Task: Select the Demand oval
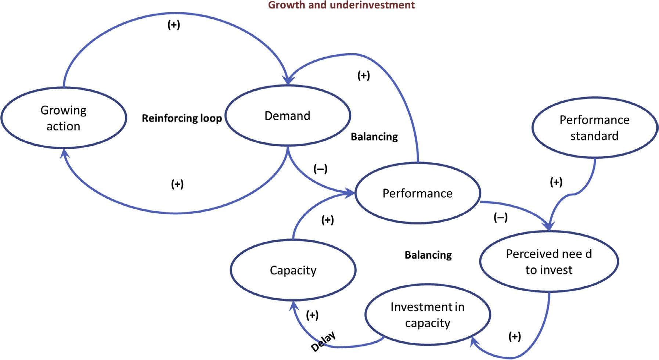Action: pyautogui.click(x=287, y=116)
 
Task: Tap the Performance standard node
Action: pyautogui.click(x=594, y=128)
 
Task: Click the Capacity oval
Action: pyautogui.click(x=293, y=270)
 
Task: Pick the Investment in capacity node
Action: pyautogui.click(x=427, y=315)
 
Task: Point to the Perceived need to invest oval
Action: pyautogui.click(x=549, y=262)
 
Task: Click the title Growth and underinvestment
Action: pyautogui.click(x=341, y=5)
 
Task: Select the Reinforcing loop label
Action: pyautogui.click(x=182, y=118)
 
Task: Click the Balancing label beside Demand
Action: pyautogui.click(x=374, y=137)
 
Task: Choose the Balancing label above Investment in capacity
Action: pyautogui.click(x=428, y=255)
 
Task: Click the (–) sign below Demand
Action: pyautogui.click(x=320, y=169)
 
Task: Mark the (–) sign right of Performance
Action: pyautogui.click(x=500, y=217)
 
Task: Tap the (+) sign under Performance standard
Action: pyautogui.click(x=556, y=182)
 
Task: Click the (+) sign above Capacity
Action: pyautogui.click(x=327, y=220)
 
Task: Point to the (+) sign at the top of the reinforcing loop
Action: pyautogui.click(x=174, y=25)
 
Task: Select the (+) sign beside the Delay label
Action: pyautogui.click(x=312, y=315)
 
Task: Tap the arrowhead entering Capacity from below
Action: pyautogui.click(x=294, y=305)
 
